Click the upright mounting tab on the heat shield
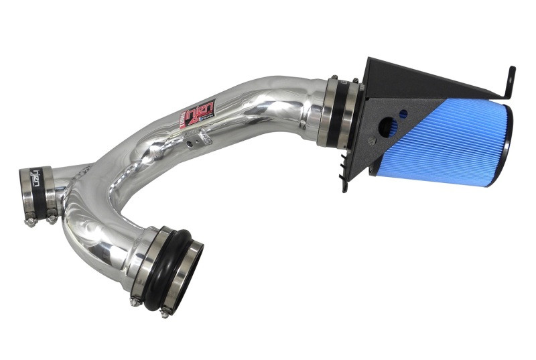(510, 80)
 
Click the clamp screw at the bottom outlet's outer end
(165, 309)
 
